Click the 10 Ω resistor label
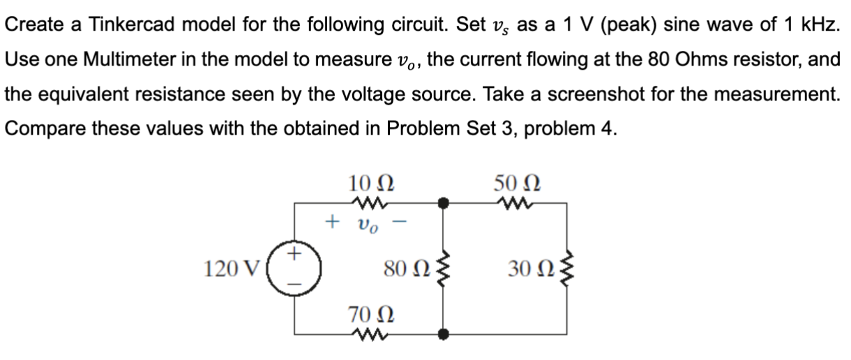click(370, 183)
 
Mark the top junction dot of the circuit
click(441, 203)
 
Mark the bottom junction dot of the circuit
click(441, 333)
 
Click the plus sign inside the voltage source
click(294, 255)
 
